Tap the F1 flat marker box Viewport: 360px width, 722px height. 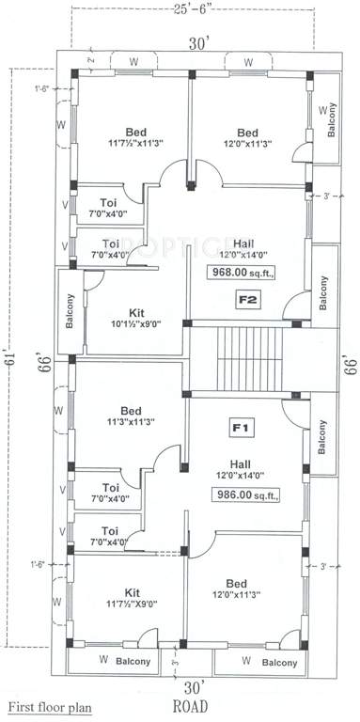(240, 428)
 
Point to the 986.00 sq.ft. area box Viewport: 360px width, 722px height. (248, 493)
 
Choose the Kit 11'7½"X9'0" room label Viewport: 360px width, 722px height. (132, 598)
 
